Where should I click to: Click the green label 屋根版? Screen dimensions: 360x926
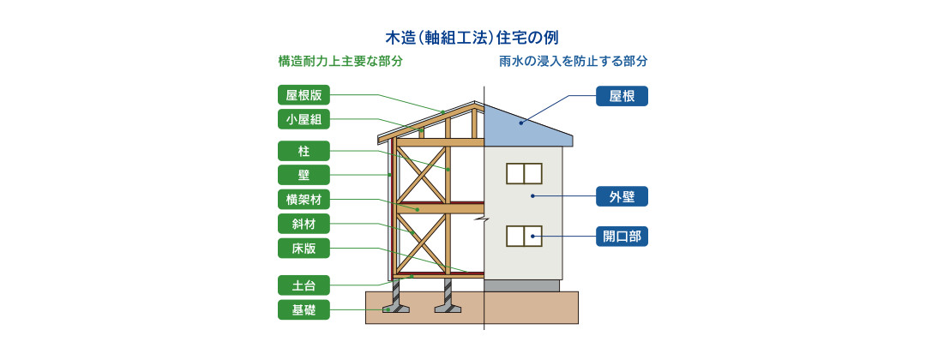click(x=304, y=95)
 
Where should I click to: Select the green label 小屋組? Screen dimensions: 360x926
click(x=304, y=119)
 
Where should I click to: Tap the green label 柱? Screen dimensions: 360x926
click(x=304, y=151)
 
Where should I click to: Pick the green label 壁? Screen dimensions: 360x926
click(x=304, y=176)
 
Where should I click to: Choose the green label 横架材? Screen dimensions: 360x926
click(x=304, y=201)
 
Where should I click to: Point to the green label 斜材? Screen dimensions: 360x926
click(x=304, y=225)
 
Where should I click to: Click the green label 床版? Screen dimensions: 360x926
click(x=304, y=249)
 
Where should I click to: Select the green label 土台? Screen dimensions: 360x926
click(x=304, y=285)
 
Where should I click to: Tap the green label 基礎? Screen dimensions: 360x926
click(x=304, y=309)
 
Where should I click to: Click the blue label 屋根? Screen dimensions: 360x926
click(x=622, y=96)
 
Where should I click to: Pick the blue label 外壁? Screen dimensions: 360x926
click(x=622, y=196)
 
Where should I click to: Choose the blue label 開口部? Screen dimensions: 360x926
click(x=622, y=237)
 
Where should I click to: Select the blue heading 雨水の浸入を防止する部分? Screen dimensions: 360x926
click(x=573, y=62)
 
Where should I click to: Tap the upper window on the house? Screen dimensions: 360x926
click(x=524, y=174)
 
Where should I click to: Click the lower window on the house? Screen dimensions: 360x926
click(x=524, y=236)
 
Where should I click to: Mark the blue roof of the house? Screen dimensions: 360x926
click(x=523, y=127)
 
